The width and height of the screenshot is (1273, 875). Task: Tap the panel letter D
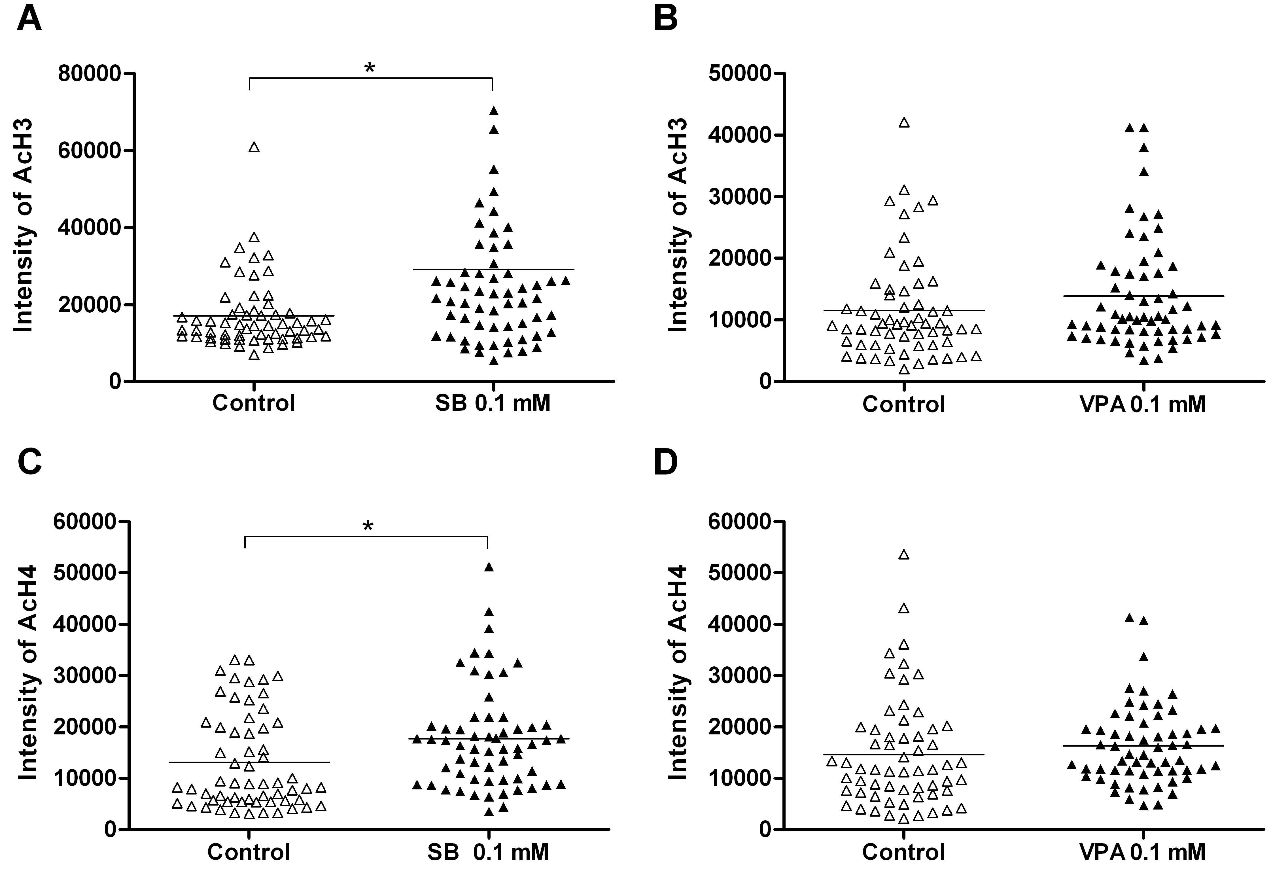click(x=666, y=462)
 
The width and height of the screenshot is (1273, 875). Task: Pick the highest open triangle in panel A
click(x=254, y=147)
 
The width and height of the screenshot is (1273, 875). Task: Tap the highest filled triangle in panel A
click(x=494, y=111)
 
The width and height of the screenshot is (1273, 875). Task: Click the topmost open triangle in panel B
click(x=904, y=122)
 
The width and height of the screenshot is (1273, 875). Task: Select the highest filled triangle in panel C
click(x=489, y=567)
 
